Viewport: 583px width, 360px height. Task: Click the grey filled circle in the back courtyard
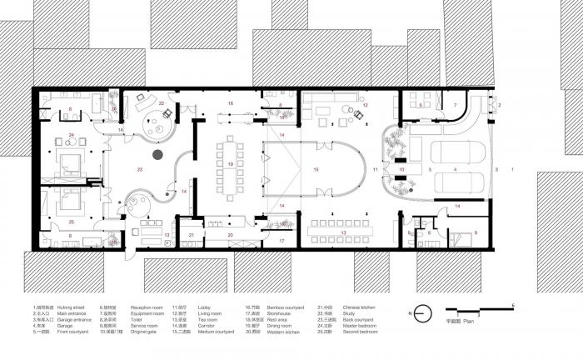tap(156, 155)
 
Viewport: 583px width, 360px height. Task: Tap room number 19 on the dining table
tap(230, 164)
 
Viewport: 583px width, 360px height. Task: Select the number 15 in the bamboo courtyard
tap(316, 169)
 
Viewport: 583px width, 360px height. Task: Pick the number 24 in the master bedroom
tap(72, 135)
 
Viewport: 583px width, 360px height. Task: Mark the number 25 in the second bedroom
tap(72, 222)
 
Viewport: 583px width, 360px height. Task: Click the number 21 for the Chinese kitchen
tap(191, 237)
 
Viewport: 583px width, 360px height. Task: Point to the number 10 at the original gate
tap(401, 169)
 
